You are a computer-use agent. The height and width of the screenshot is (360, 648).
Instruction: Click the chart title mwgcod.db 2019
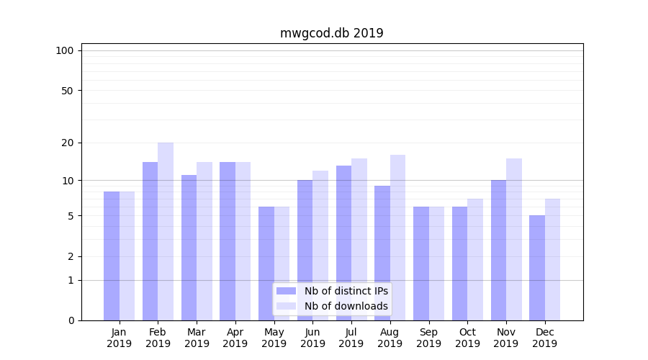[x=331, y=33]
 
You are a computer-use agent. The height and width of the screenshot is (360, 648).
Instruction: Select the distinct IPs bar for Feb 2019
[x=150, y=241]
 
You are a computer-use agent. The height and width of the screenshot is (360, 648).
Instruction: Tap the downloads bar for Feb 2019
[x=166, y=230]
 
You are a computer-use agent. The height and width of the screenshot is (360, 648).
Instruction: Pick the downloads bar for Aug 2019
[x=397, y=238]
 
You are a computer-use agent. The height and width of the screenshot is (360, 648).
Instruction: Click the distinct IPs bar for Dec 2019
[x=537, y=268]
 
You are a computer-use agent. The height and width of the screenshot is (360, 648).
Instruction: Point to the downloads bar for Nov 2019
[x=514, y=239]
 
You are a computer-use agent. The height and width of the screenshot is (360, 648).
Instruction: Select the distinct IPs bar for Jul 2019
[x=343, y=243]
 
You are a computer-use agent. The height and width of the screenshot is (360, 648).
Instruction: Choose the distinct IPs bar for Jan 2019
[x=112, y=256]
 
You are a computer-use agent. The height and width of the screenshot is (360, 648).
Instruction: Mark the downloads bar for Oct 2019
[x=475, y=259]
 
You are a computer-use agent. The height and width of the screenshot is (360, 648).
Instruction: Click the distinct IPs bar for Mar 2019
[x=189, y=248]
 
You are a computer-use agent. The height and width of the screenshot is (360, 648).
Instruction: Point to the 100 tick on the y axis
[x=65, y=50]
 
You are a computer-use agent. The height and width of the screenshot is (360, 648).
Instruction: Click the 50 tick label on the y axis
[x=67, y=91]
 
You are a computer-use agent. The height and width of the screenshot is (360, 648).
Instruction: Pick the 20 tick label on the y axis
[x=67, y=143]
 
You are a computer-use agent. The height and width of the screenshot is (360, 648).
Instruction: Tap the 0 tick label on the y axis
[x=71, y=320]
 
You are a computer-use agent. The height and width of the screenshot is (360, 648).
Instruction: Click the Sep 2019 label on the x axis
[x=428, y=338]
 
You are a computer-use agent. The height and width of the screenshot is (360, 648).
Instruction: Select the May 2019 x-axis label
[x=274, y=338]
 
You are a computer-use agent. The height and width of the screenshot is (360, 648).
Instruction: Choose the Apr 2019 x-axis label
[x=235, y=338]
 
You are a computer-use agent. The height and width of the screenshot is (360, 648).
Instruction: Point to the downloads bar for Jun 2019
[x=320, y=245]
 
